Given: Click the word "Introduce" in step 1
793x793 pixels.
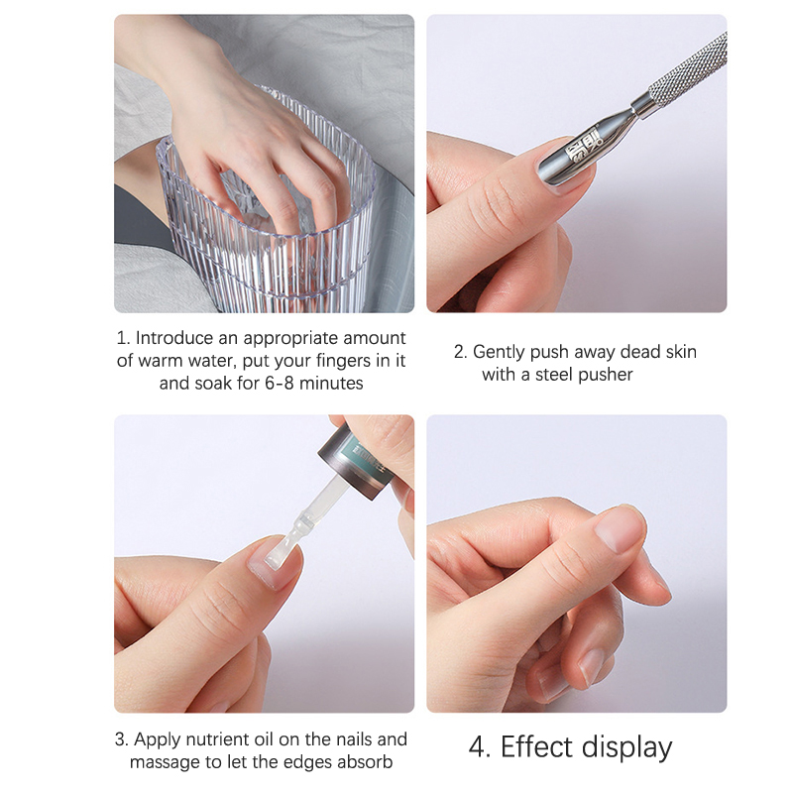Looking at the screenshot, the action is (174, 338).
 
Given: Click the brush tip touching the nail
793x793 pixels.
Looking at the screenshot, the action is (280, 554).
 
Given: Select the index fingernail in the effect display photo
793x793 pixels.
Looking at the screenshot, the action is (621, 529).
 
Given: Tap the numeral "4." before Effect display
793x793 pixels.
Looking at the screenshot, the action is (479, 747).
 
